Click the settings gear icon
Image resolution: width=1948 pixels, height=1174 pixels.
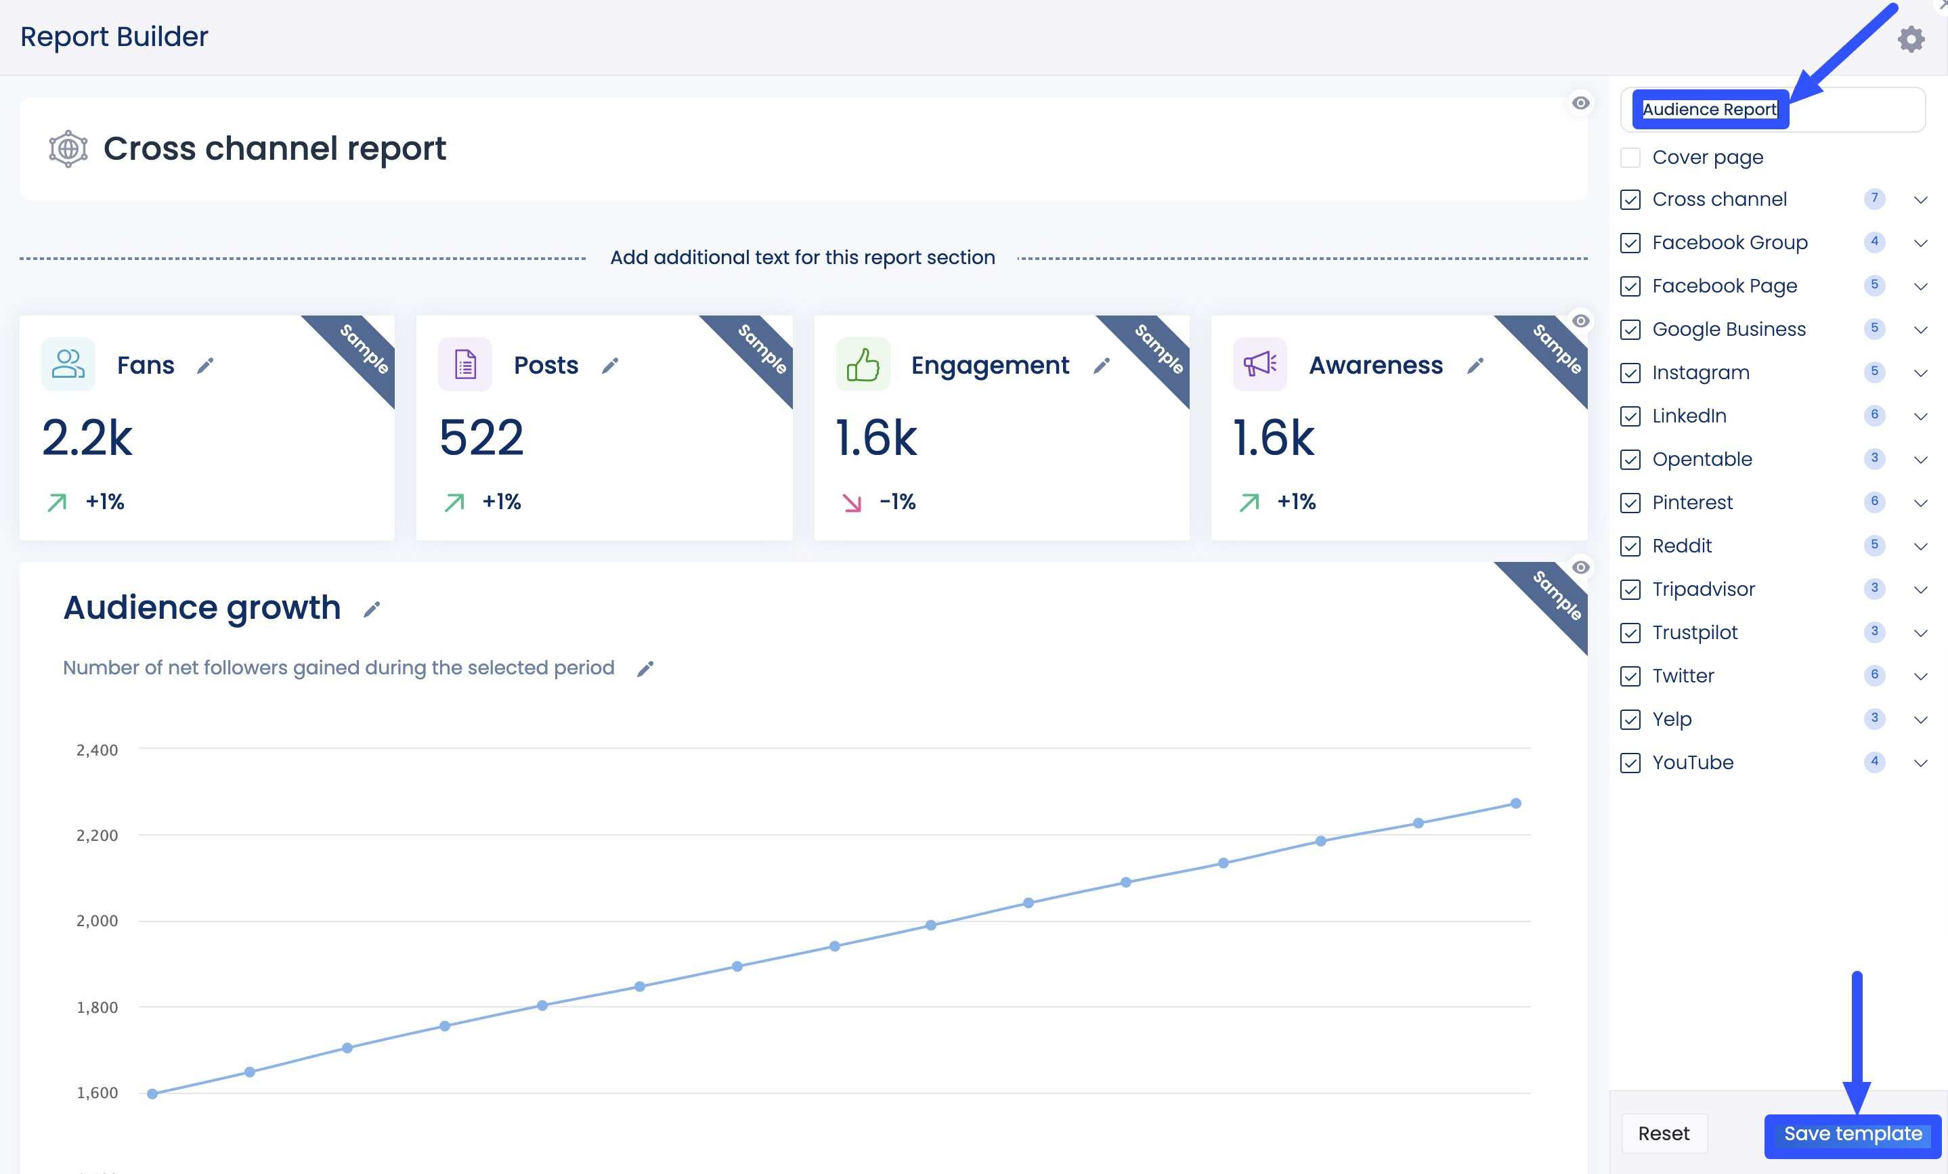1911,39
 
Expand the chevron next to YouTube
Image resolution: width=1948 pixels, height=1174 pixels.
1920,763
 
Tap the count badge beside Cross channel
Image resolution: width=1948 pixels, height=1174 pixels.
1874,198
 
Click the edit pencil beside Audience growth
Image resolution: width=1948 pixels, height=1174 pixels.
372,609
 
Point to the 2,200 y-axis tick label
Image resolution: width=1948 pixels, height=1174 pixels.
96,835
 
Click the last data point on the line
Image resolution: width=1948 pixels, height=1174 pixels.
1515,803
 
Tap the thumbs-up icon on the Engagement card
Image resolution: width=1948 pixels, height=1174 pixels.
863,364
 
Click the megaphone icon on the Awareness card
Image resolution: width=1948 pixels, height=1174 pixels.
1259,364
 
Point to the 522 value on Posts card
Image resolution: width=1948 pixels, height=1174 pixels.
481,438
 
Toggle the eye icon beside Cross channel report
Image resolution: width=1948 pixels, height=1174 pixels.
1580,104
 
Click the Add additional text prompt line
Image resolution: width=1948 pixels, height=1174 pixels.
802,258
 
